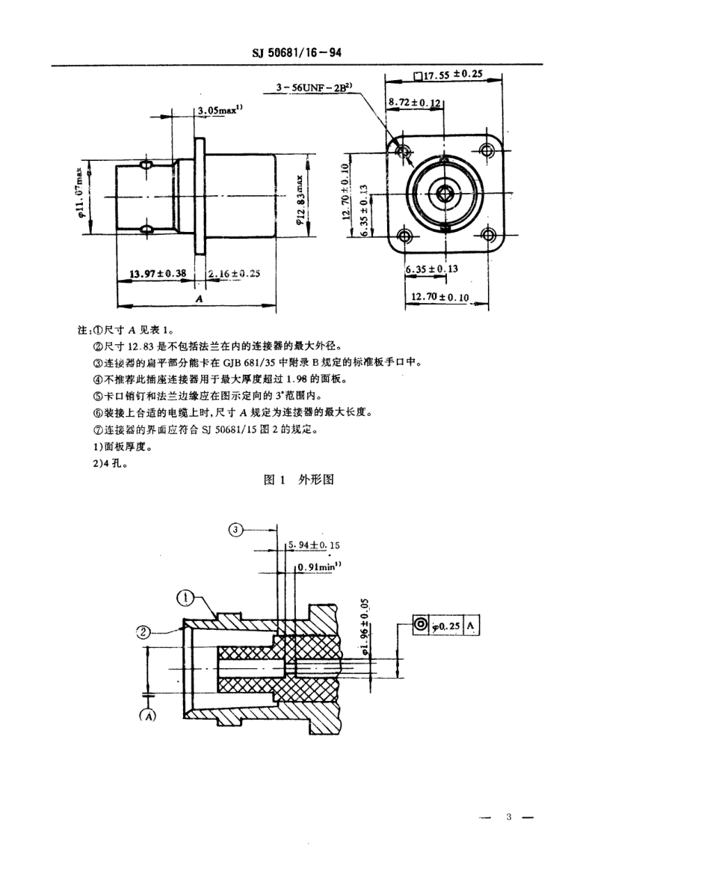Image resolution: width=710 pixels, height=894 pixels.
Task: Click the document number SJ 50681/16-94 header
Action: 297,54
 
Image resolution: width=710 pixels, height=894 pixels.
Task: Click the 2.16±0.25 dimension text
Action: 234,274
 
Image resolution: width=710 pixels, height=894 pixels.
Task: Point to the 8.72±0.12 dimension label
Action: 415,101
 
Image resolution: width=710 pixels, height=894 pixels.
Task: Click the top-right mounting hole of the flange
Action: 488,151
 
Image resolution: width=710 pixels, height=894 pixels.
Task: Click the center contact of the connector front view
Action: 446,193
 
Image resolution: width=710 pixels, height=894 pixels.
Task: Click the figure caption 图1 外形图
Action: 299,480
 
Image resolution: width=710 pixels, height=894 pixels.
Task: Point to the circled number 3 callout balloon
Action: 236,530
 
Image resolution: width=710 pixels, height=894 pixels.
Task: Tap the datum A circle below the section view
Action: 148,715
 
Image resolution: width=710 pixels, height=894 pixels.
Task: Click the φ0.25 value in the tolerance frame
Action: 446,627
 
